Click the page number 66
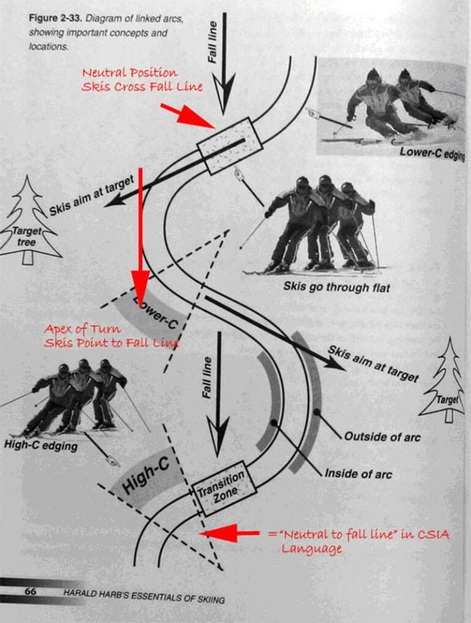tap(30, 591)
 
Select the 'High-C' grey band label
tap(146, 475)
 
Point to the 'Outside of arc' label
tap(382, 437)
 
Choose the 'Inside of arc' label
tap(358, 473)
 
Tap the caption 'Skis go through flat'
tap(337, 287)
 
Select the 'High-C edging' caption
tap(41, 445)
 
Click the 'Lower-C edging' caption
tap(432, 153)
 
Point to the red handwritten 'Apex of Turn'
tap(82, 329)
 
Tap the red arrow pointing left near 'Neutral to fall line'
tap(230, 533)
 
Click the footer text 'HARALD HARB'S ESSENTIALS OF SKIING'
tap(144, 596)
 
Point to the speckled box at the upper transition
tap(230, 146)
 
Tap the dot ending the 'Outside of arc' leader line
tap(316, 412)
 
